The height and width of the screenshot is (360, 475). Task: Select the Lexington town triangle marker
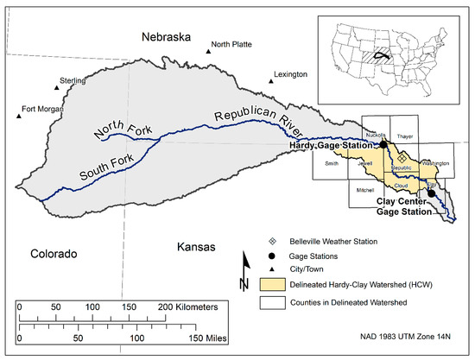tap(270, 82)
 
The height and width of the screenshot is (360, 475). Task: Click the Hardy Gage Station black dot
tap(383, 147)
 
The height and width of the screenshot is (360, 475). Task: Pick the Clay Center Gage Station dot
tap(431, 194)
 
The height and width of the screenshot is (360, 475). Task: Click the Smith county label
tap(332, 162)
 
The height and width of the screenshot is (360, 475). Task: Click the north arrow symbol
tap(245, 266)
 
